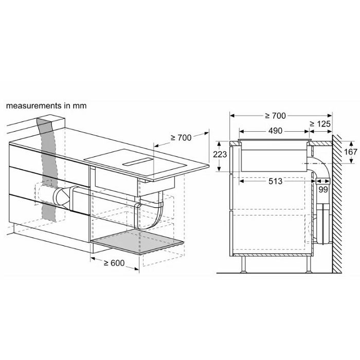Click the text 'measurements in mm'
coord(46,105)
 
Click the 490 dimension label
coord(275,131)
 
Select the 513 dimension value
coord(275,182)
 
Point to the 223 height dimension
coord(220,154)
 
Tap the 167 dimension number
coord(350,152)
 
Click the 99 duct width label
coord(323,190)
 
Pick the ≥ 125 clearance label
coord(320,124)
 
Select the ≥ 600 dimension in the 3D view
coord(114,263)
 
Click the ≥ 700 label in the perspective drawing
coord(181,137)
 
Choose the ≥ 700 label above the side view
coord(275,116)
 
